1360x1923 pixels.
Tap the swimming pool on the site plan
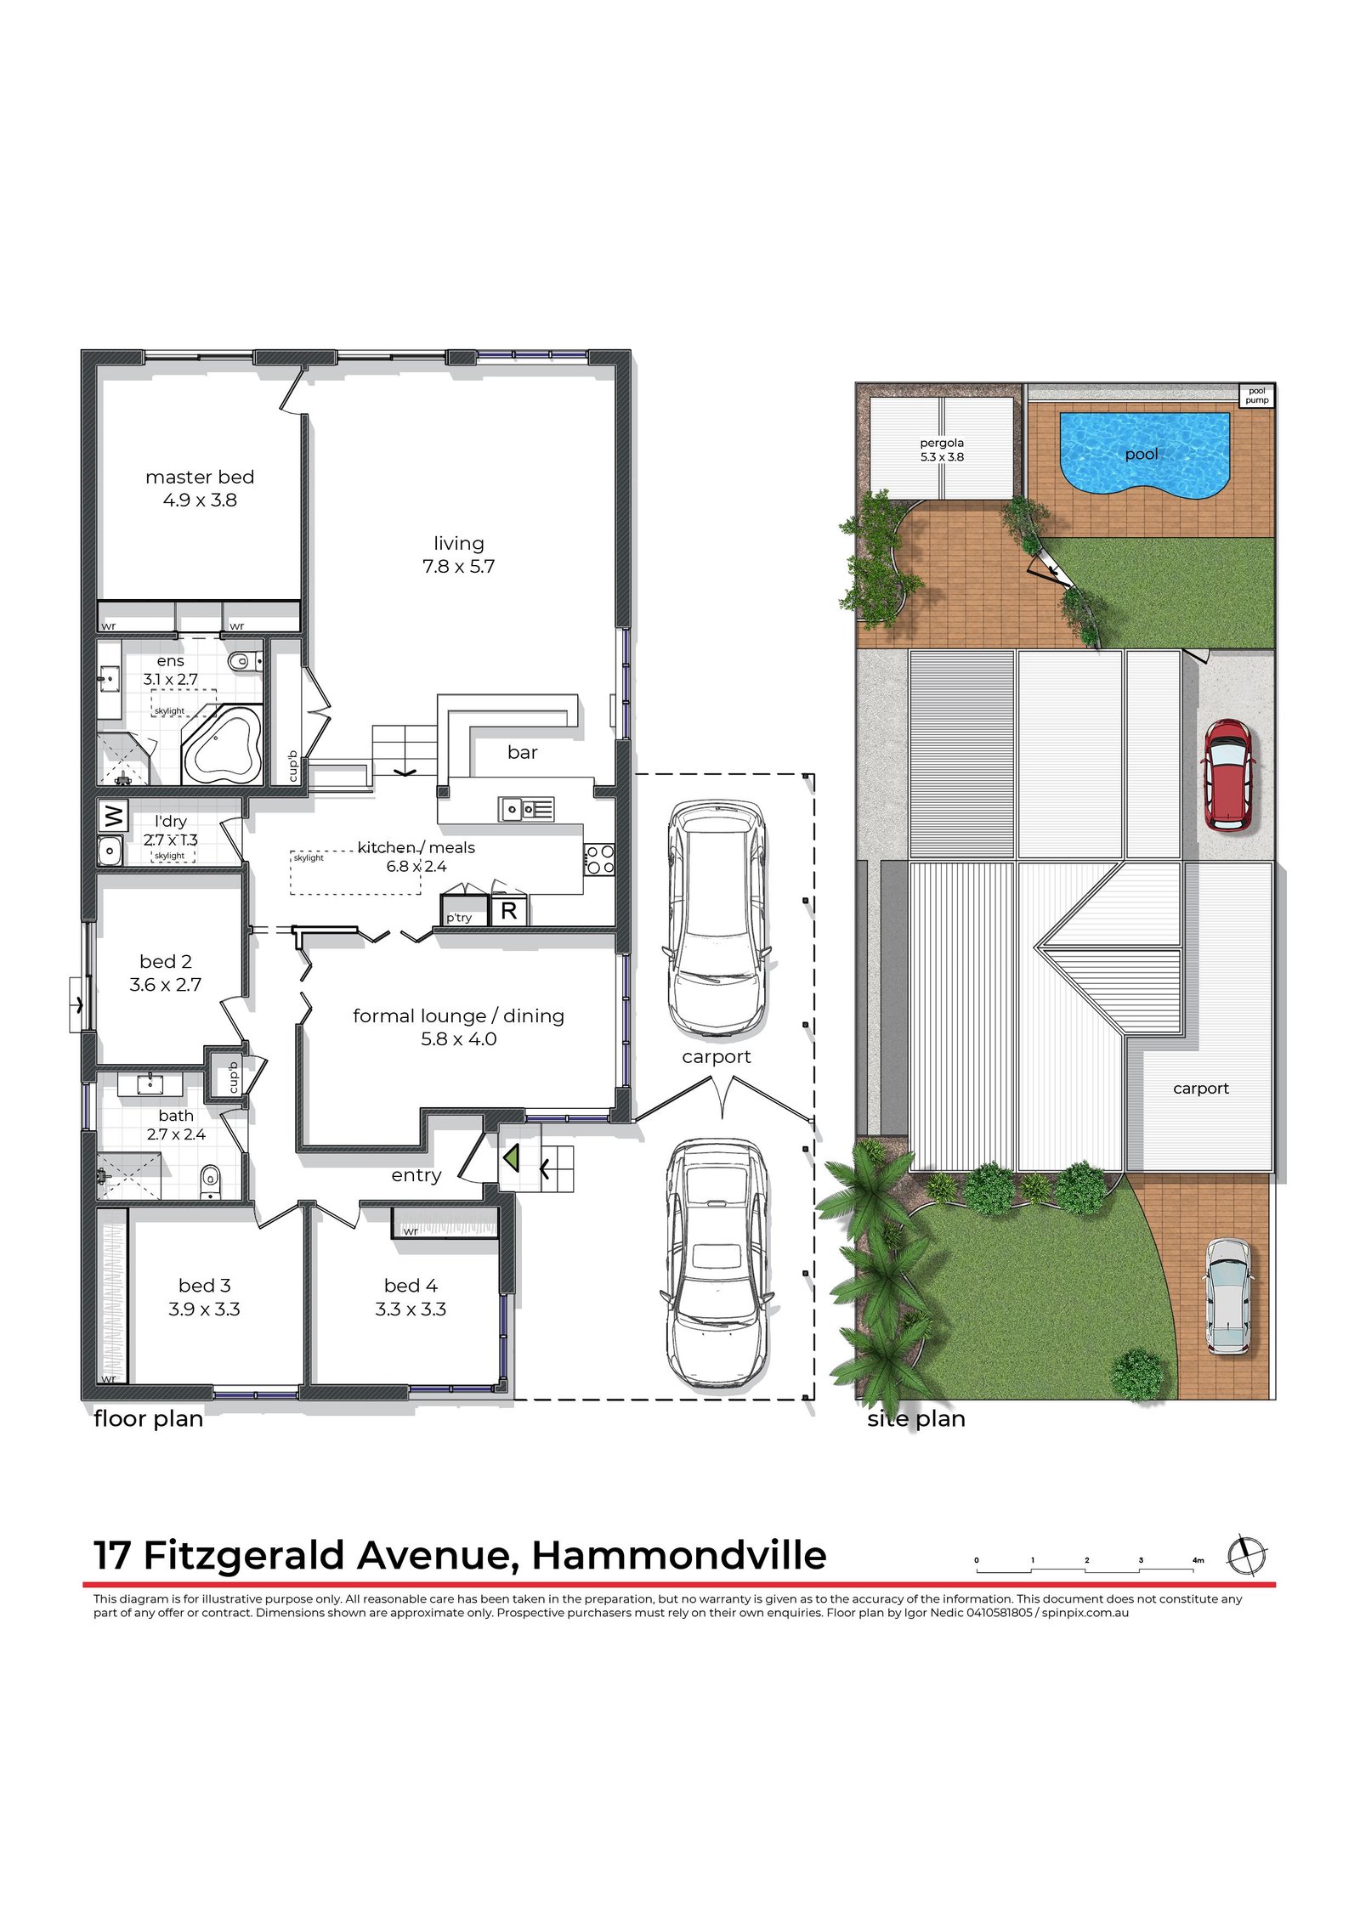click(1144, 454)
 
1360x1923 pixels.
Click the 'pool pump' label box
click(1256, 395)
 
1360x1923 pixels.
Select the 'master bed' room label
click(200, 478)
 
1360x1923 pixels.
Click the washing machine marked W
click(112, 817)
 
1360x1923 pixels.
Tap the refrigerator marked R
click(509, 911)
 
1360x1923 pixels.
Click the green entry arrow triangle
click(511, 1157)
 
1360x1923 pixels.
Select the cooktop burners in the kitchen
click(599, 859)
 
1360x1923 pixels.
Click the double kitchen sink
click(526, 809)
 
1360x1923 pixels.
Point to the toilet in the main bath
click(210, 1182)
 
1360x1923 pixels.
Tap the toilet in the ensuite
click(246, 660)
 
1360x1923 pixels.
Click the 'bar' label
click(522, 752)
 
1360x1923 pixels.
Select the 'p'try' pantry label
click(459, 918)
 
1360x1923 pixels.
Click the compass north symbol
click(1247, 1556)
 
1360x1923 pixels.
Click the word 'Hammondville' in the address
click(679, 1556)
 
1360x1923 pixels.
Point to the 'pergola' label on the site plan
click(942, 443)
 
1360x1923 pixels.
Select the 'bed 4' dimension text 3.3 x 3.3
click(411, 1309)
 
